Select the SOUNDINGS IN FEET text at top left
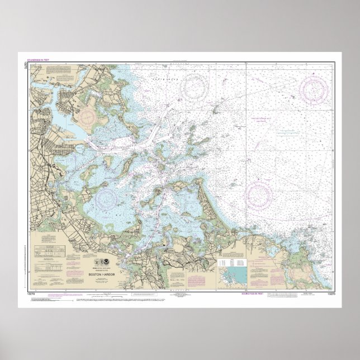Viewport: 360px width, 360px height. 39,59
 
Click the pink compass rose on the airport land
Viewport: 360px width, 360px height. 88,117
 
